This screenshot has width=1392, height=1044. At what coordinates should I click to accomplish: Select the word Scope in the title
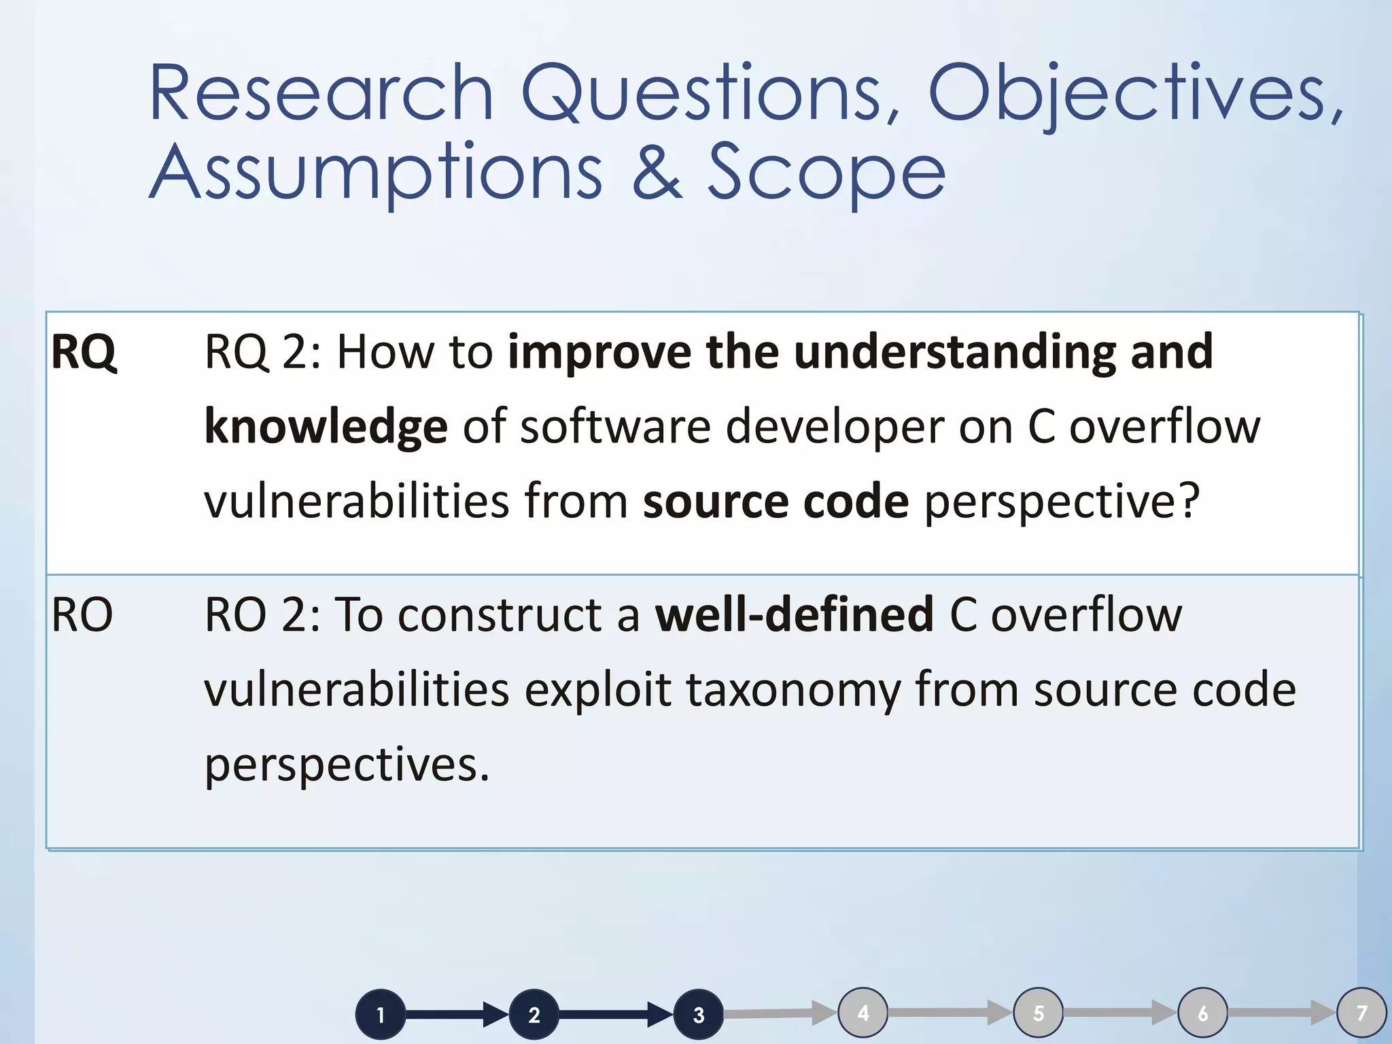[x=826, y=173]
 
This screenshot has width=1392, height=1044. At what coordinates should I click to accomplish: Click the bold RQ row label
[x=84, y=353]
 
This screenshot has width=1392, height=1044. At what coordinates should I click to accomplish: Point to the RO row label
[x=82, y=615]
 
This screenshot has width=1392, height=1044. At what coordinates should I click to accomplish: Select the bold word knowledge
[x=326, y=428]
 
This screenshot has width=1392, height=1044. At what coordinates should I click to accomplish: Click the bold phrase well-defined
[x=794, y=615]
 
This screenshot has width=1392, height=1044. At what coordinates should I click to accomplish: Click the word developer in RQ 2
[x=835, y=428]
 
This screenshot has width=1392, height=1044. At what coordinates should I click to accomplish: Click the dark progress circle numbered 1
[x=381, y=1015]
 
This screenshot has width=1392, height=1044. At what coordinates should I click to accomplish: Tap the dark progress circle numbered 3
[x=698, y=1015]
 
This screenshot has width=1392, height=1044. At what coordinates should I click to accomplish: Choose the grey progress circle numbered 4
[x=863, y=1013]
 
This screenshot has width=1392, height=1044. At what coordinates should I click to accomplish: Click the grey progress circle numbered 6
[x=1202, y=1013]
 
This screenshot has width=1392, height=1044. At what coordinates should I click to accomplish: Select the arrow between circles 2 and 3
[x=615, y=1015]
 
